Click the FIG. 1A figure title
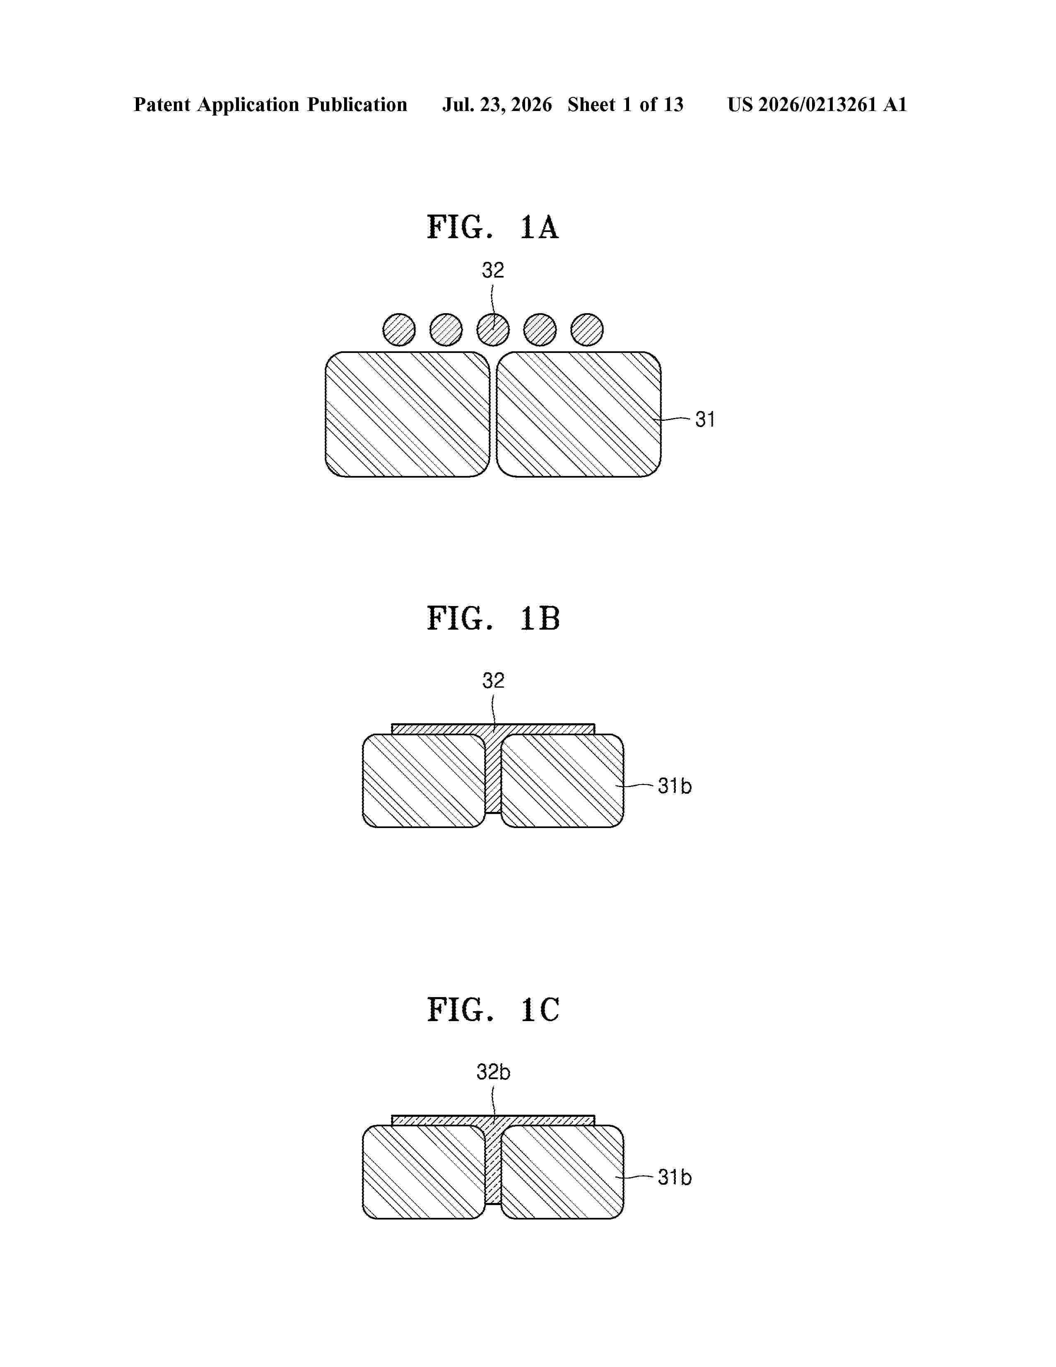coord(492,227)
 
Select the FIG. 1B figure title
coord(493,618)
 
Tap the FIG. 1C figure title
coord(493,1010)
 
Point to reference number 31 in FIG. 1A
coord(705,419)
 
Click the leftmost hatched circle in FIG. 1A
coord(399,330)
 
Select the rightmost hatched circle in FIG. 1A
coord(587,330)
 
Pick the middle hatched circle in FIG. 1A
coord(493,330)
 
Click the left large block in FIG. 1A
coord(407,414)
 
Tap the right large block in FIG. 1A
coord(579,414)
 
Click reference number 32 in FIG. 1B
coord(493,680)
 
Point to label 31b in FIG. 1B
coord(674,786)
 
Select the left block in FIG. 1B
coord(424,780)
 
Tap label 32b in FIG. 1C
coord(493,1072)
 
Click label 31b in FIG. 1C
coord(674,1177)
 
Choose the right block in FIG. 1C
coord(562,1172)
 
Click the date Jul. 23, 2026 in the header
coord(497,104)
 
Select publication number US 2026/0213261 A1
coord(817,104)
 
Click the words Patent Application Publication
coord(270,104)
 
